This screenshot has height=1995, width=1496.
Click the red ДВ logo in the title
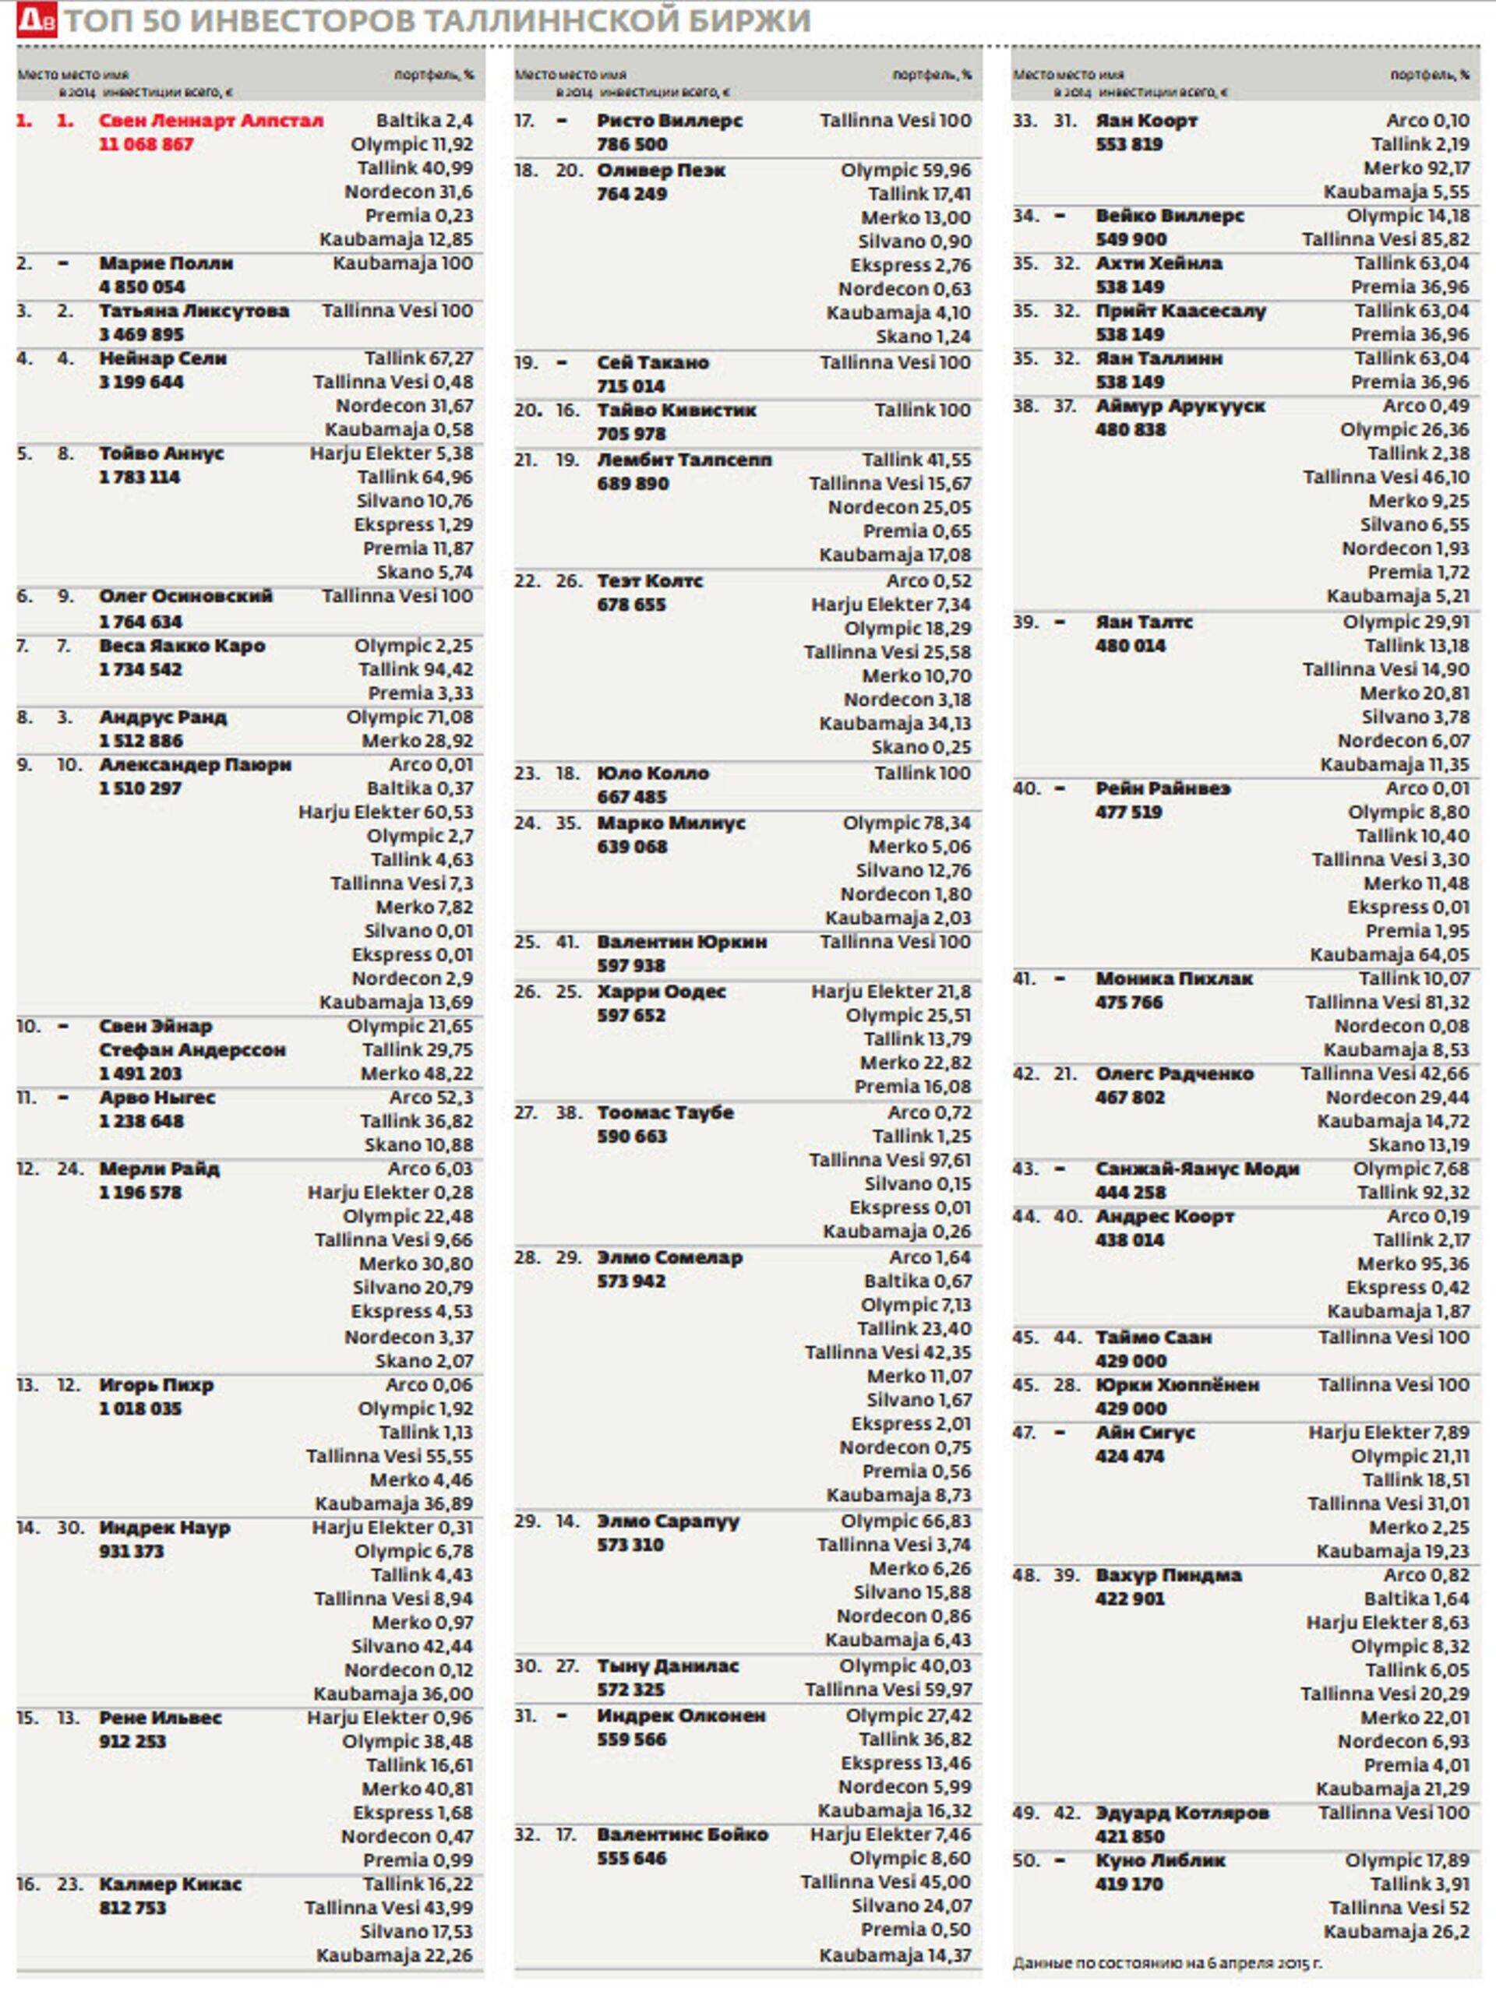tap(36, 19)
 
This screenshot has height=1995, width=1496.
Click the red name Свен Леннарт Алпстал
tap(210, 121)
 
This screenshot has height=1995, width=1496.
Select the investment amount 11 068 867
tap(145, 144)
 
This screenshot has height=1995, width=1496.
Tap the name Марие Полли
tap(166, 263)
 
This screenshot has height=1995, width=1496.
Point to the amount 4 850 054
tap(142, 287)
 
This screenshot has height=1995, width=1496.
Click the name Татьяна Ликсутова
tap(194, 311)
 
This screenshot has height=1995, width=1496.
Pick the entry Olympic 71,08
tap(409, 717)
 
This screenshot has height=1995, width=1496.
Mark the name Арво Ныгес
tap(157, 1098)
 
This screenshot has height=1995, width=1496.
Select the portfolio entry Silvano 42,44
tap(411, 1646)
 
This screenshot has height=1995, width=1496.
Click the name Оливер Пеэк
tap(661, 171)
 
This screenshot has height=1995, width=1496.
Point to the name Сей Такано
tap(652, 362)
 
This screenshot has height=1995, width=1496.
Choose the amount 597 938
tap(630, 965)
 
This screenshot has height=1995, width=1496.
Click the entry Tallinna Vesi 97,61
tap(889, 1160)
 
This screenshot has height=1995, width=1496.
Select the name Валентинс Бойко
tap(682, 1835)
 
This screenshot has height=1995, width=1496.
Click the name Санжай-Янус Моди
tap(1197, 1168)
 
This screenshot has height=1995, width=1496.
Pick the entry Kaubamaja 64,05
tap(1388, 954)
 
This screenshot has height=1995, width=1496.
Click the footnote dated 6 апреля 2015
tap(1166, 1962)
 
